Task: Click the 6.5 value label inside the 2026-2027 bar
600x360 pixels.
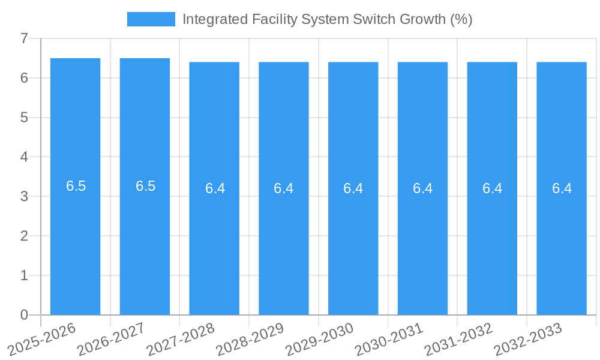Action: coord(145,186)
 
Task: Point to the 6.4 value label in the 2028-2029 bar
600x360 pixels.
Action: coord(284,188)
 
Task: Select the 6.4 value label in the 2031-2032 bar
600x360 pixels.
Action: coord(492,188)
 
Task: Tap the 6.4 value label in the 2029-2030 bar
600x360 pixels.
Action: coord(353,188)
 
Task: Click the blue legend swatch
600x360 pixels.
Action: coord(151,19)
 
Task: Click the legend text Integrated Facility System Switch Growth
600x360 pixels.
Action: coord(327,19)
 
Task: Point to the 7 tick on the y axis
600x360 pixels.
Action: coord(24,38)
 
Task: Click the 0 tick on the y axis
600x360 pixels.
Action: coord(24,315)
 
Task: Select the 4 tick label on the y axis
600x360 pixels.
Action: coord(24,157)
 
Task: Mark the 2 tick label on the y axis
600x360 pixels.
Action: coord(24,236)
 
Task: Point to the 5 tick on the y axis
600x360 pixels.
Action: coord(24,118)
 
